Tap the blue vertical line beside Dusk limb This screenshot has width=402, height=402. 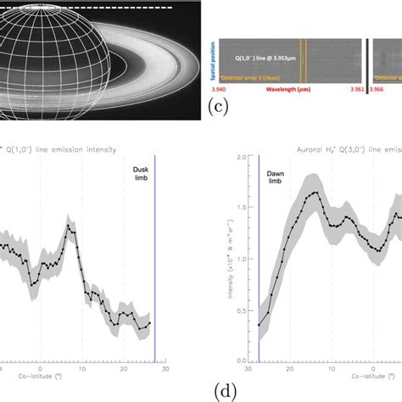point(154,254)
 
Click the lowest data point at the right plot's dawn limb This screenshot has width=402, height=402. point(260,325)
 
